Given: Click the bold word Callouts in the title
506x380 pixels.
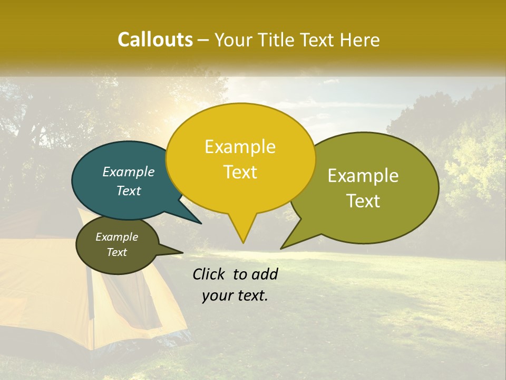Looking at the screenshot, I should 155,40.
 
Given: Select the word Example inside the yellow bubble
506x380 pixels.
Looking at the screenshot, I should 240,147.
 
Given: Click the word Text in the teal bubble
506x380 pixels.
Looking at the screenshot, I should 129,191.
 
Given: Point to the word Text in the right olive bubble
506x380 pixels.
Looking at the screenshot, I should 363,201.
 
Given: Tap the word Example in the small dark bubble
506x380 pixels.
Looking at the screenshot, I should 117,237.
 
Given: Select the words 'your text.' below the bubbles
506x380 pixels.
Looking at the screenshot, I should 235,296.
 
